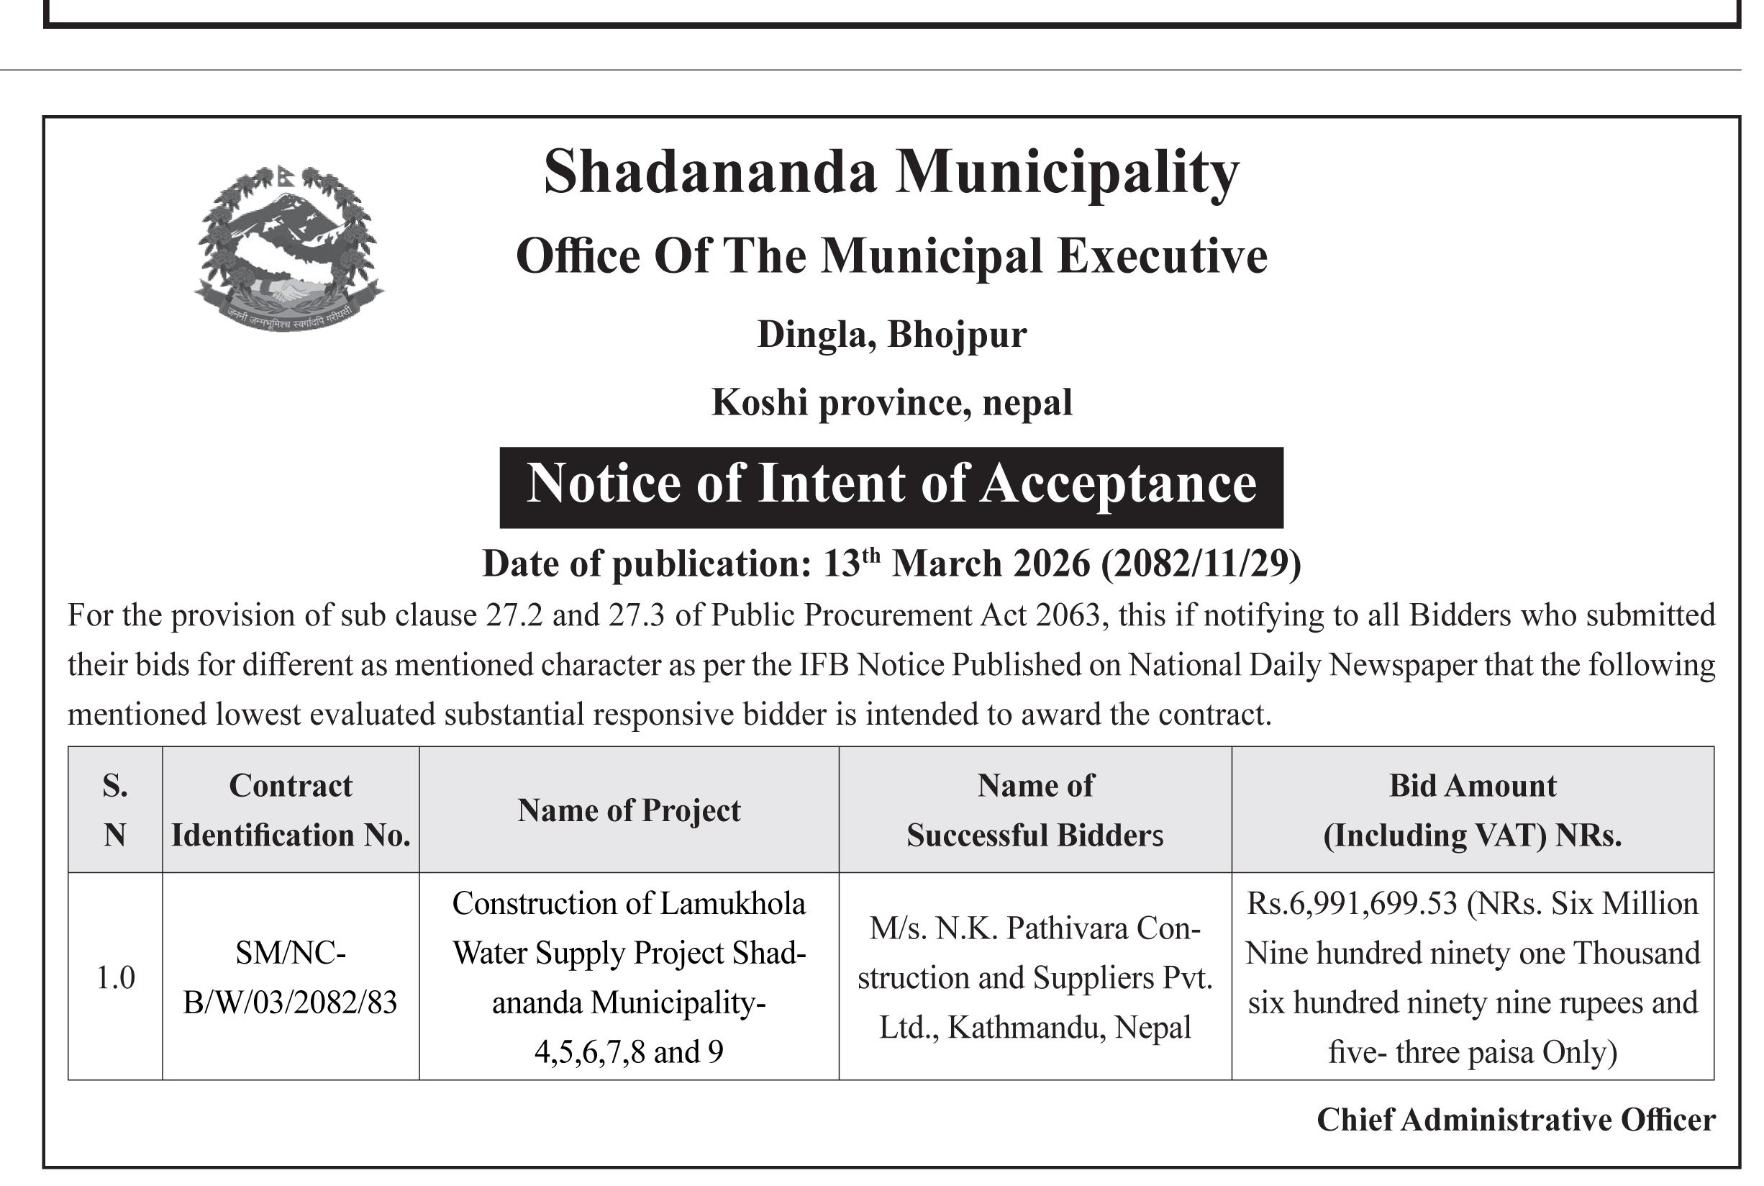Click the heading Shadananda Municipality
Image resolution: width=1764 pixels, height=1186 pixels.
[x=891, y=173]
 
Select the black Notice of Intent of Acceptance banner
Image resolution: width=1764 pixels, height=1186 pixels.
[x=891, y=486]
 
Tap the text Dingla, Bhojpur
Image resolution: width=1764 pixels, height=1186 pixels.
[x=891, y=335]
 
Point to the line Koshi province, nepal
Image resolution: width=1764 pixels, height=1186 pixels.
[x=891, y=402]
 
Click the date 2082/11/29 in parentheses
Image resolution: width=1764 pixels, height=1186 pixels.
[x=1201, y=564]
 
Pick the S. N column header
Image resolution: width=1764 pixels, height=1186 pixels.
[x=115, y=810]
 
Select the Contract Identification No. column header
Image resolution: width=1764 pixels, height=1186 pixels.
[x=291, y=810]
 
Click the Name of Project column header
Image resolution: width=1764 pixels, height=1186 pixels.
[x=628, y=811]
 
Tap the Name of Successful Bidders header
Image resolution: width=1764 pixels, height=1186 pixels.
[x=1035, y=810]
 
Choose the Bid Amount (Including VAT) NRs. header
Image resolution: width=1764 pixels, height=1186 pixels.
[x=1472, y=810]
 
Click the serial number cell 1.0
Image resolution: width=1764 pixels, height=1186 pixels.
[x=115, y=978]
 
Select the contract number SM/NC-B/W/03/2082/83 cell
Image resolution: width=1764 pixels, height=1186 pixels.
[x=291, y=978]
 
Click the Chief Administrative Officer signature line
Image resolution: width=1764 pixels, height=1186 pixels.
[x=1515, y=1121]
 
